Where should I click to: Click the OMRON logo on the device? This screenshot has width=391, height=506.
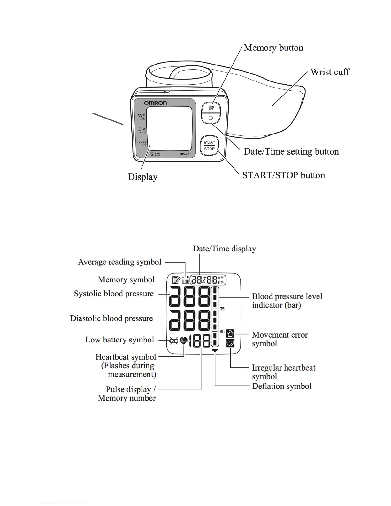point(155,103)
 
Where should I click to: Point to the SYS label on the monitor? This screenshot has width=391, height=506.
point(141,116)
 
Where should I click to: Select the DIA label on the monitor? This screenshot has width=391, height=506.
point(142,129)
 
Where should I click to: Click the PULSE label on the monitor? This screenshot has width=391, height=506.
point(141,142)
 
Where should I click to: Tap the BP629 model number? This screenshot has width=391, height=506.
point(184,154)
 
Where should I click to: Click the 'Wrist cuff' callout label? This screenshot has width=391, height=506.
point(330,72)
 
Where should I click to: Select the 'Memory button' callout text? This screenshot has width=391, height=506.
point(273,48)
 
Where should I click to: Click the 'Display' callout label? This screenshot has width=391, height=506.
point(142,177)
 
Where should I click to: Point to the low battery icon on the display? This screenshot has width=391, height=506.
point(173,341)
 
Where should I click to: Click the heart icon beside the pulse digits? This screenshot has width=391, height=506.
point(184,341)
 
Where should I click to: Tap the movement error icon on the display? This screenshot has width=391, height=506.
point(230,334)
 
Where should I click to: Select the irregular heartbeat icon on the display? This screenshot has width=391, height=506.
point(230,343)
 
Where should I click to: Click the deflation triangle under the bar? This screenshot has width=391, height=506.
point(215,350)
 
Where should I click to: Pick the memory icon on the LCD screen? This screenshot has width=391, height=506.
point(176,280)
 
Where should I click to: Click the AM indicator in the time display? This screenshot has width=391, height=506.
point(221,278)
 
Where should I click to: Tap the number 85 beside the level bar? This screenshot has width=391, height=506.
point(222,332)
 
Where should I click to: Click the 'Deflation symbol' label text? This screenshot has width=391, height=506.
point(282,386)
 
